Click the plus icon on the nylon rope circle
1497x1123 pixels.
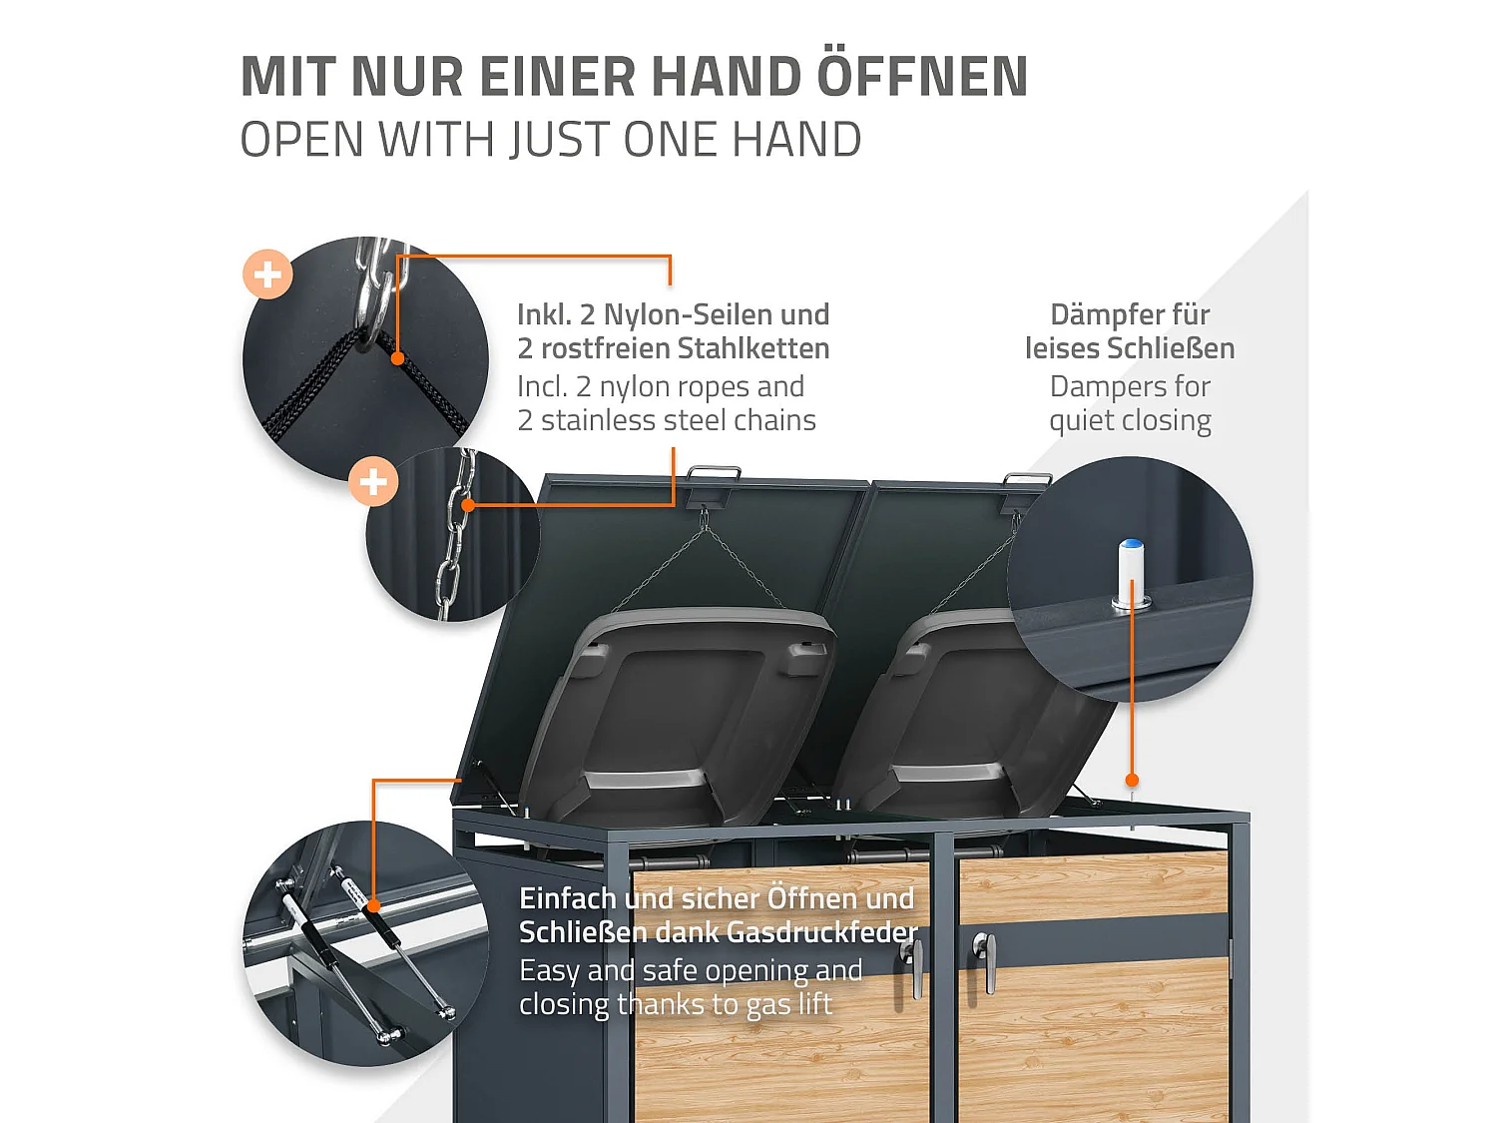point(267,274)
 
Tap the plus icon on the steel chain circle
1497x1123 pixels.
point(373,482)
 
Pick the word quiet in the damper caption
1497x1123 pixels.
point(1083,420)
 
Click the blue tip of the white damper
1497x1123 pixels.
point(1131,546)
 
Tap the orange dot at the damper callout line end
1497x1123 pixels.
point(1132,781)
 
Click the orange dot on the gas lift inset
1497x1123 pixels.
point(373,905)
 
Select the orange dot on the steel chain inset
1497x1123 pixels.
point(468,505)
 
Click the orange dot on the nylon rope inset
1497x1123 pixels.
point(397,357)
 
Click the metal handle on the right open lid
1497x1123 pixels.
point(1028,480)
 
